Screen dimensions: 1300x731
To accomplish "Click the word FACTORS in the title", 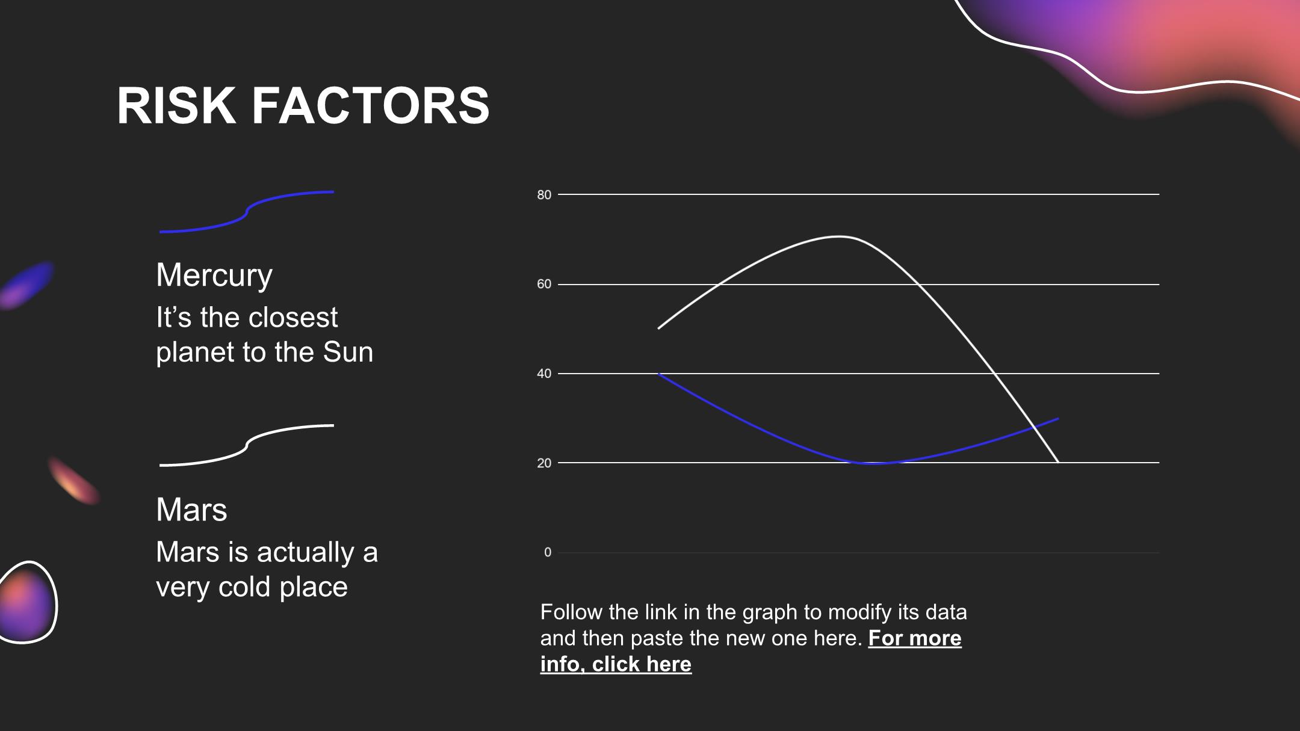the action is click(370, 105).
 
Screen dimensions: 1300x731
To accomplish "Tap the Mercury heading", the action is click(214, 276).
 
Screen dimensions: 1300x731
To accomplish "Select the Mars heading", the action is click(191, 510).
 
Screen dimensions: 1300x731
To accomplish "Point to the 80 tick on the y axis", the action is click(544, 194).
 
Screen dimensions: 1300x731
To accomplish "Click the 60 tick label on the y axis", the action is click(544, 284).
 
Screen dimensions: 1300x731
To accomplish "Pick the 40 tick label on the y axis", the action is click(544, 374).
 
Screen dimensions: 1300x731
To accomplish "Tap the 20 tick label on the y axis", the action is click(544, 463).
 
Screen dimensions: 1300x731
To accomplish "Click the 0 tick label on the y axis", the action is click(548, 552).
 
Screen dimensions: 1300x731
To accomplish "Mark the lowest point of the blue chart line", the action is click(873, 463).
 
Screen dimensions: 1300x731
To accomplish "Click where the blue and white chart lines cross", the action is click(1035, 427).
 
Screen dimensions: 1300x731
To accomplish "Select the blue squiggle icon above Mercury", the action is click(246, 212).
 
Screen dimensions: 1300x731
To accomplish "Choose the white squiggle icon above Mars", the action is click(246, 445).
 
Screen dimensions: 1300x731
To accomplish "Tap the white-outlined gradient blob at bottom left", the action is click(27, 602).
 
